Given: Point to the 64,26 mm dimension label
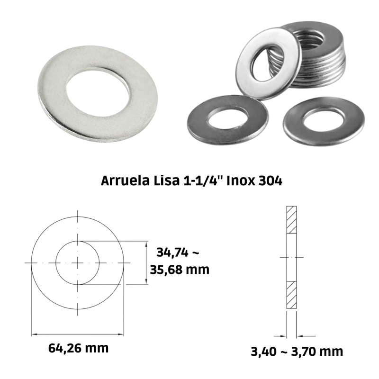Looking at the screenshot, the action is pos(79,348).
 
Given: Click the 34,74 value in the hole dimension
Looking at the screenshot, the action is pos(172,253).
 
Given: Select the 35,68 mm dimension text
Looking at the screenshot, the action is pos(180,270).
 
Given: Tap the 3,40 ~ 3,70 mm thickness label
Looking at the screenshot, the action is pos(297,352).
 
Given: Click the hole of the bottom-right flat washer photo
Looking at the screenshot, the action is pos(324,120).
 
